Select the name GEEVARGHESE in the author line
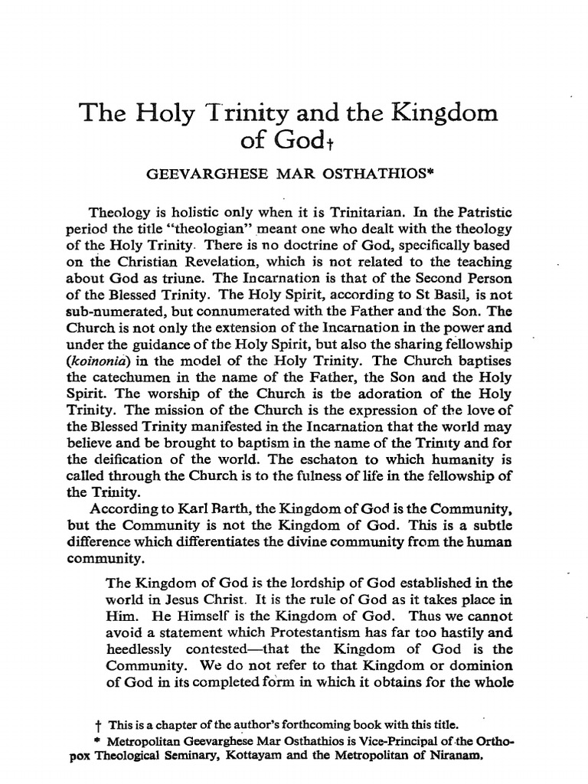click(200, 175)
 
